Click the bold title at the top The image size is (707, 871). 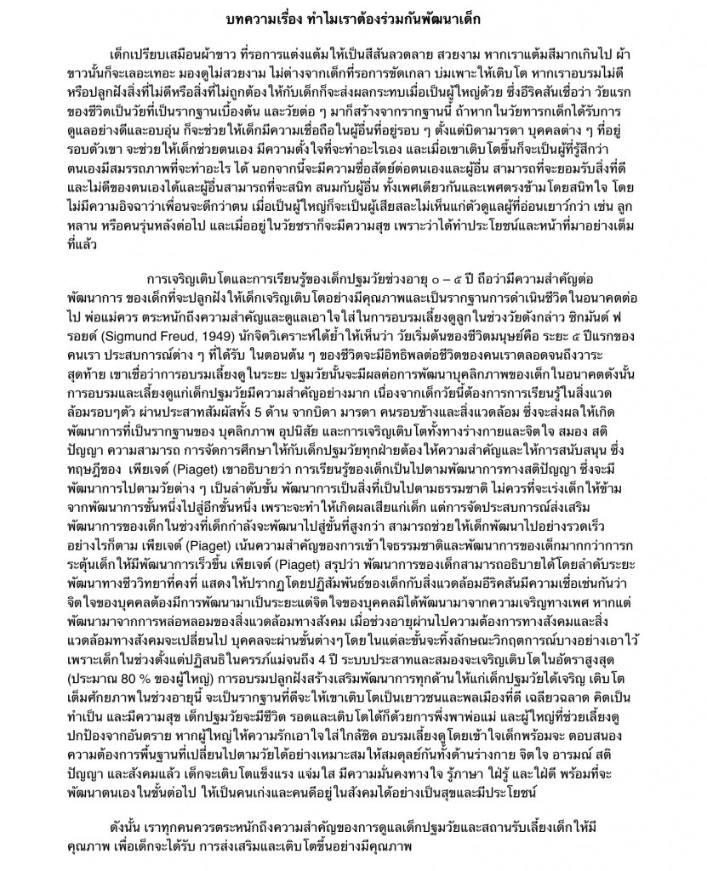point(353,19)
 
